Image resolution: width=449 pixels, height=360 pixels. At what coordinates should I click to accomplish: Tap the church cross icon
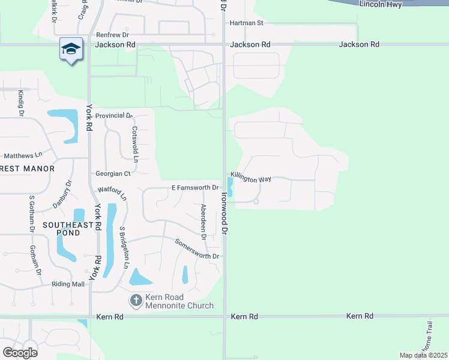[136, 299]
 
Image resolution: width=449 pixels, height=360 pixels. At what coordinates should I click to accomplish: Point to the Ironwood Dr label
[224, 213]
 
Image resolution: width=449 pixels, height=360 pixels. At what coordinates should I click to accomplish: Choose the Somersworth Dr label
[197, 249]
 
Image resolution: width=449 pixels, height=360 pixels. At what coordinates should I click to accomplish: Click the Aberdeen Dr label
[204, 222]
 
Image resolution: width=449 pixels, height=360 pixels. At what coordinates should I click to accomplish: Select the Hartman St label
[247, 23]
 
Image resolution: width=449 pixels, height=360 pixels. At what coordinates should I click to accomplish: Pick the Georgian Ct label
[113, 173]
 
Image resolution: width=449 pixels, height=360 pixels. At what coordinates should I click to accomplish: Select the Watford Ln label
[112, 193]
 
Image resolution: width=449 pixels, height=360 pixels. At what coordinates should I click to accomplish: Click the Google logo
[20, 352]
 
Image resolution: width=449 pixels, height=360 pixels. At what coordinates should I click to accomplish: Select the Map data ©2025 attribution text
[423, 355]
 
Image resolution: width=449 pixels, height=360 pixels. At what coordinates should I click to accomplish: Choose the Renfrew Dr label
[112, 35]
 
